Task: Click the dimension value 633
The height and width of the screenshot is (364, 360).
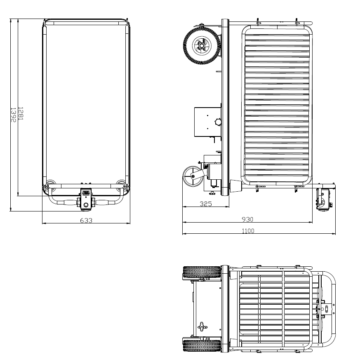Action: point(86,220)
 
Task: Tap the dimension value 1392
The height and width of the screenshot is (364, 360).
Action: point(13,115)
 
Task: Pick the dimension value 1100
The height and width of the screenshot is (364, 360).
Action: point(248,231)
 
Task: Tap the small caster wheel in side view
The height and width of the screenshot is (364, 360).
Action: point(192,176)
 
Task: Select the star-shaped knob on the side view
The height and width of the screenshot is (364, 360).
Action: point(217,122)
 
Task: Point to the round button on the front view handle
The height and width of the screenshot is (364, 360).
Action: point(85,205)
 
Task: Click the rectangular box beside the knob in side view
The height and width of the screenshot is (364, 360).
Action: point(207,122)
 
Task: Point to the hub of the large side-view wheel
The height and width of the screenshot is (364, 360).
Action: point(202,45)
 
